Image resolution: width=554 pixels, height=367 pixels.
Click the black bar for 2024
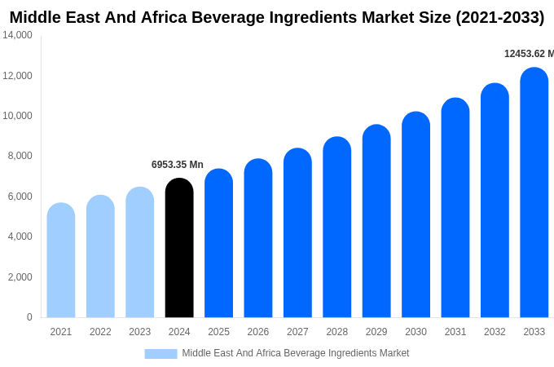pyautogui.click(x=179, y=249)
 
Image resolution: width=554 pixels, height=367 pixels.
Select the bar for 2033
pyautogui.click(x=534, y=193)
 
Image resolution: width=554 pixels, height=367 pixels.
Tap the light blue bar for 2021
pyautogui.click(x=61, y=261)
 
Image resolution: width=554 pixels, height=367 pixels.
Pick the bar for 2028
pyautogui.click(x=337, y=228)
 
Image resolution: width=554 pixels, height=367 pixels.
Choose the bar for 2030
pyautogui.click(x=415, y=215)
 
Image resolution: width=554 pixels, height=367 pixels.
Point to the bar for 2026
pyautogui.click(x=258, y=239)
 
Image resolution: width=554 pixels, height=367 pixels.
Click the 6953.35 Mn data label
pyautogui.click(x=178, y=165)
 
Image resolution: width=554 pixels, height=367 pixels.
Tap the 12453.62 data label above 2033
pyautogui.click(x=528, y=54)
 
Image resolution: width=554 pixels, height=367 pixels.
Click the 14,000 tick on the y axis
pyautogui.click(x=18, y=35)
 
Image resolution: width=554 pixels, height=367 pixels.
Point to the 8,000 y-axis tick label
pyautogui.click(x=18, y=156)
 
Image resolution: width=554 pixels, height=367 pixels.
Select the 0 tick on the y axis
pyautogui.click(x=29, y=317)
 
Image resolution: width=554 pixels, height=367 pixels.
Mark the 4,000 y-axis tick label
pyautogui.click(x=18, y=237)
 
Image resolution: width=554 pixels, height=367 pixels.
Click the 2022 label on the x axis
pyautogui.click(x=100, y=332)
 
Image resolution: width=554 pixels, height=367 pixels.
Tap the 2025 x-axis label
pyautogui.click(x=218, y=332)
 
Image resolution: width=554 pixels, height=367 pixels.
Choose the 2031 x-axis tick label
pyautogui.click(x=455, y=332)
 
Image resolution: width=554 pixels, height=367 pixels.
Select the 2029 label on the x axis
pyautogui.click(x=376, y=332)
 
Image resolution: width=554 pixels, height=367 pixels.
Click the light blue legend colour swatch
pyautogui.click(x=160, y=354)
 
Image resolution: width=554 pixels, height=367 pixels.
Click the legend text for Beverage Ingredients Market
pyautogui.click(x=295, y=353)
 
